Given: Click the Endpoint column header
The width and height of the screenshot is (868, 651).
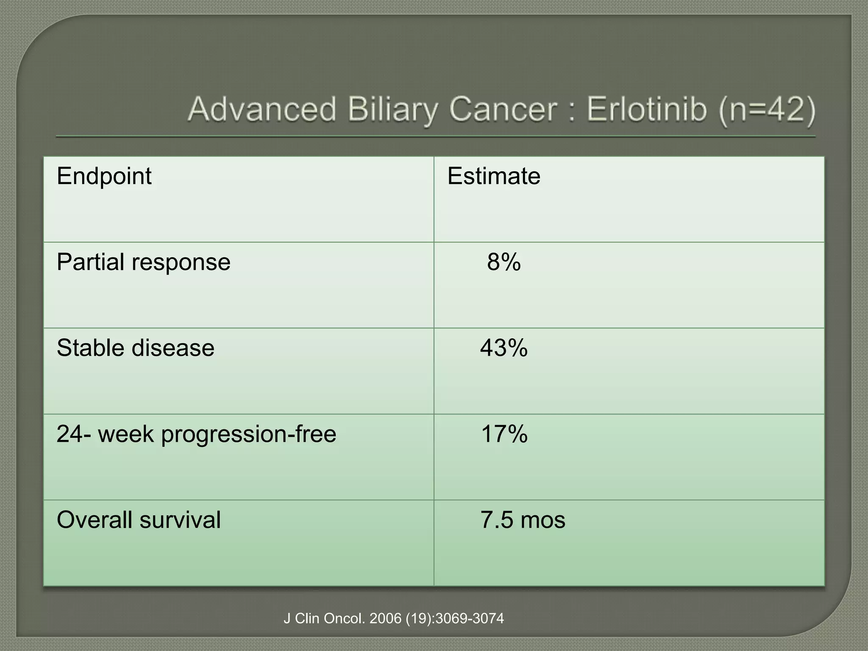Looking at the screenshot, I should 104,176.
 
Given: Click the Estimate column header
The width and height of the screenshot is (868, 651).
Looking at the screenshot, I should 494,176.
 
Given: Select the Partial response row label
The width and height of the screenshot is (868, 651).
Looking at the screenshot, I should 143,262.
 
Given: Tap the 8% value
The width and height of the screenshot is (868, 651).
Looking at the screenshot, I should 504,262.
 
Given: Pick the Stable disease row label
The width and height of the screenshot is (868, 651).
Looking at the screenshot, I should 135,348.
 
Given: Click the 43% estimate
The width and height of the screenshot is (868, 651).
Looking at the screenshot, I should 504,348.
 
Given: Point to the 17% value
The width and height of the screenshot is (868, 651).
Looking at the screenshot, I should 504,434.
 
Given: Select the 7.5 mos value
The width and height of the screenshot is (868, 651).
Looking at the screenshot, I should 523,520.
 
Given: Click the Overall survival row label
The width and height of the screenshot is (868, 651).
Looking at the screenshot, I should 139,520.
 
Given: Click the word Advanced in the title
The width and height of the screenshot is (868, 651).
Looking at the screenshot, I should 263,110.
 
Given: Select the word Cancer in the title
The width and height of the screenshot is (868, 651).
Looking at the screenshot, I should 503,110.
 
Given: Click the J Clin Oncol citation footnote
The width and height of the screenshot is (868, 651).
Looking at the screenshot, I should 393,619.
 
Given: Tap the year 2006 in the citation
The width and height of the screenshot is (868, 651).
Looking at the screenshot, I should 385,619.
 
